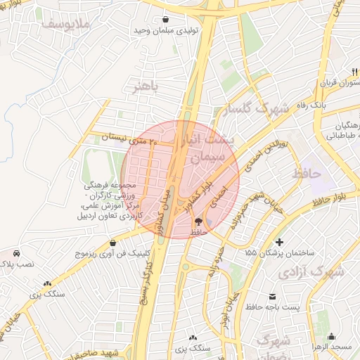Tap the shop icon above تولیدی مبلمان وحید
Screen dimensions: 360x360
pos(165,20)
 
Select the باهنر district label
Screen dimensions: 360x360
pos(146,86)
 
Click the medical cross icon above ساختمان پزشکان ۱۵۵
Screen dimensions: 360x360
pos(279,242)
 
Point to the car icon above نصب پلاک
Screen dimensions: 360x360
pos(16,252)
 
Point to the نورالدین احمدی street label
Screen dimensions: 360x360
pos(257,162)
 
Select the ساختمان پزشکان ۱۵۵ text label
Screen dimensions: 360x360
pos(279,252)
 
